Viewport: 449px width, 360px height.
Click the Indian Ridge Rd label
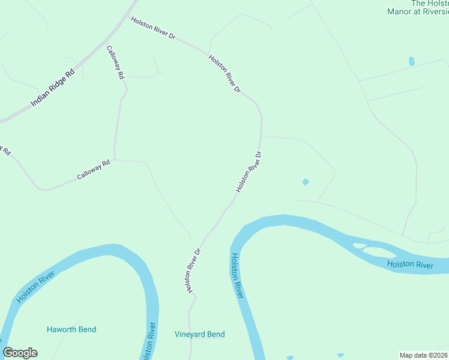click(53, 88)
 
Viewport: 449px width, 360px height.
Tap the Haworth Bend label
click(71, 329)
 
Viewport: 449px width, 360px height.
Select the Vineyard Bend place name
click(200, 334)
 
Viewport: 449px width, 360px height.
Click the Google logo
click(20, 353)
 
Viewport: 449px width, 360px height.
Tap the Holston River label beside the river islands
click(410, 264)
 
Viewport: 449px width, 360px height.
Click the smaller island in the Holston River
click(359, 245)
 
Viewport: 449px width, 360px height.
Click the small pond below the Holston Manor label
click(411, 61)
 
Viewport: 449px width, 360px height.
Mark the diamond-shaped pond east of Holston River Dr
click(306, 182)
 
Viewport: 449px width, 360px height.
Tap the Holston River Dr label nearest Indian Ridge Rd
click(153, 28)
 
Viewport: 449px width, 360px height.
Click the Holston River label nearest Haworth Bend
click(36, 287)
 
